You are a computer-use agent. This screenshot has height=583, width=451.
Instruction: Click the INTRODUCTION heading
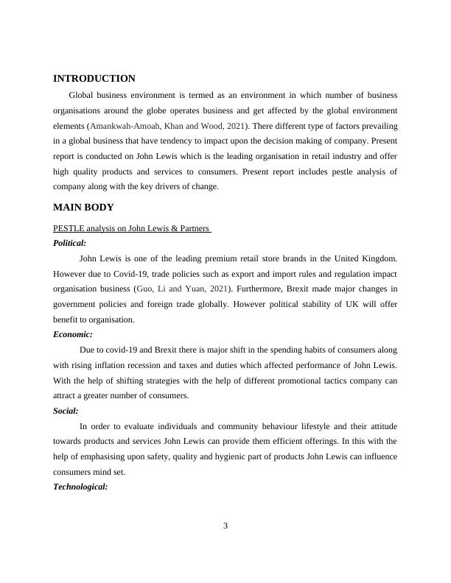click(x=94, y=79)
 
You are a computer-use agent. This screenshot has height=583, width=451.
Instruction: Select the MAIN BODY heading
click(x=83, y=208)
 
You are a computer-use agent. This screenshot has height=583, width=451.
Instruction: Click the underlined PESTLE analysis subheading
click(x=133, y=228)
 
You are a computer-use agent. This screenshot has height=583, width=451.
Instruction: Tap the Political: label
click(x=70, y=242)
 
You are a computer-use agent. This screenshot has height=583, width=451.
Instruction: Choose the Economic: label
click(x=73, y=334)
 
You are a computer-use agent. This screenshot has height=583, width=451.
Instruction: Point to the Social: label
click(x=66, y=411)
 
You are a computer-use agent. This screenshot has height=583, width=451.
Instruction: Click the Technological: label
click(x=81, y=487)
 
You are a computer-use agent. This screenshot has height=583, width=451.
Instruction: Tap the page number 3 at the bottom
click(x=225, y=526)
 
